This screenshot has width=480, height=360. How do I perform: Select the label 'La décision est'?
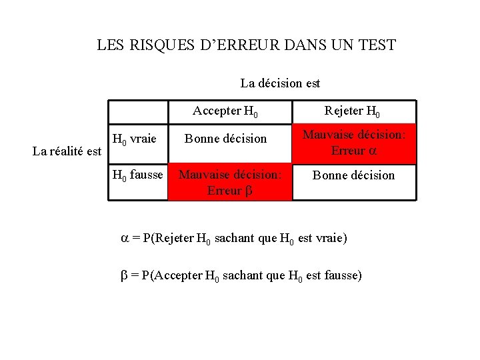280,83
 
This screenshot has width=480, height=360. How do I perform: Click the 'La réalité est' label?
67,151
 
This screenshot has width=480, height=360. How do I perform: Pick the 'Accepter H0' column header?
226,111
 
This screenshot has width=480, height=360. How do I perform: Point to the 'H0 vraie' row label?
135,139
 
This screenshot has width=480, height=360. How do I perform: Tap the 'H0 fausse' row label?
138,175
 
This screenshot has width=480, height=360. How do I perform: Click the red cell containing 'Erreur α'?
354,143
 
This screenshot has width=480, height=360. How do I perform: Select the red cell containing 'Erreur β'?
229,182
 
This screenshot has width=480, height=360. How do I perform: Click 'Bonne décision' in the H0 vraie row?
225,139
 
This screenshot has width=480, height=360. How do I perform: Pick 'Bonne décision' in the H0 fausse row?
353,175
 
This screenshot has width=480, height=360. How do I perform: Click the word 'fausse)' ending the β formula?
342,275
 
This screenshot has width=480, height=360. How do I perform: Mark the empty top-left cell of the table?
138,111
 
